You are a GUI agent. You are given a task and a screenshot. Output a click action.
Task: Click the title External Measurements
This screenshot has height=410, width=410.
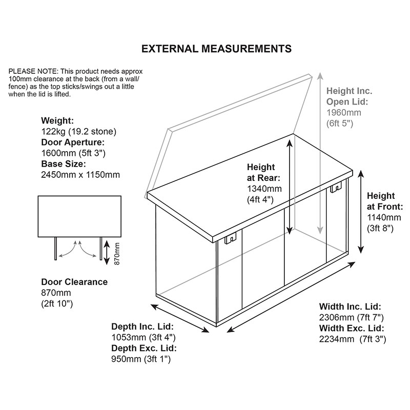pyautogui.click(x=216, y=49)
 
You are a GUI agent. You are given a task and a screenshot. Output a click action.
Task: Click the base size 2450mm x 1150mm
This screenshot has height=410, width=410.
pyautogui.click(x=80, y=175)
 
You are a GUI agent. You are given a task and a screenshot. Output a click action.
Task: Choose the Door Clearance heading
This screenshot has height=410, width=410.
pyautogui.click(x=74, y=282)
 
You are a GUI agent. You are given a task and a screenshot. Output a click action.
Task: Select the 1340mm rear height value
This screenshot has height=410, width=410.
pyautogui.click(x=262, y=189)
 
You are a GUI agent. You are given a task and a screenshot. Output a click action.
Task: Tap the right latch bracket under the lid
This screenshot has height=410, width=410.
pyautogui.click(x=336, y=188)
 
